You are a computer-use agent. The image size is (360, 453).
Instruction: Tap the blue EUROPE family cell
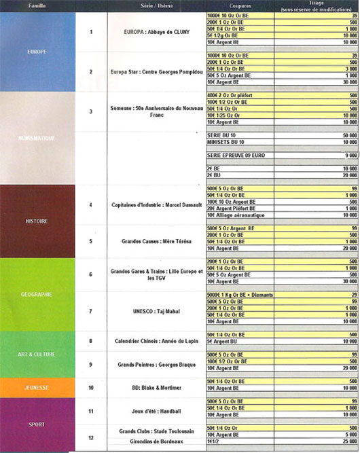pyautogui.click(x=37, y=51)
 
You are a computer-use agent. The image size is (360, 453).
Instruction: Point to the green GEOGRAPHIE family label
pyautogui.click(x=37, y=295)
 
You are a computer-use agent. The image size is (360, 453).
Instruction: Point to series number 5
pyautogui.click(x=91, y=240)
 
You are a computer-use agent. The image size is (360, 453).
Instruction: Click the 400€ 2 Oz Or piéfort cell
pyautogui.click(x=231, y=96)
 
